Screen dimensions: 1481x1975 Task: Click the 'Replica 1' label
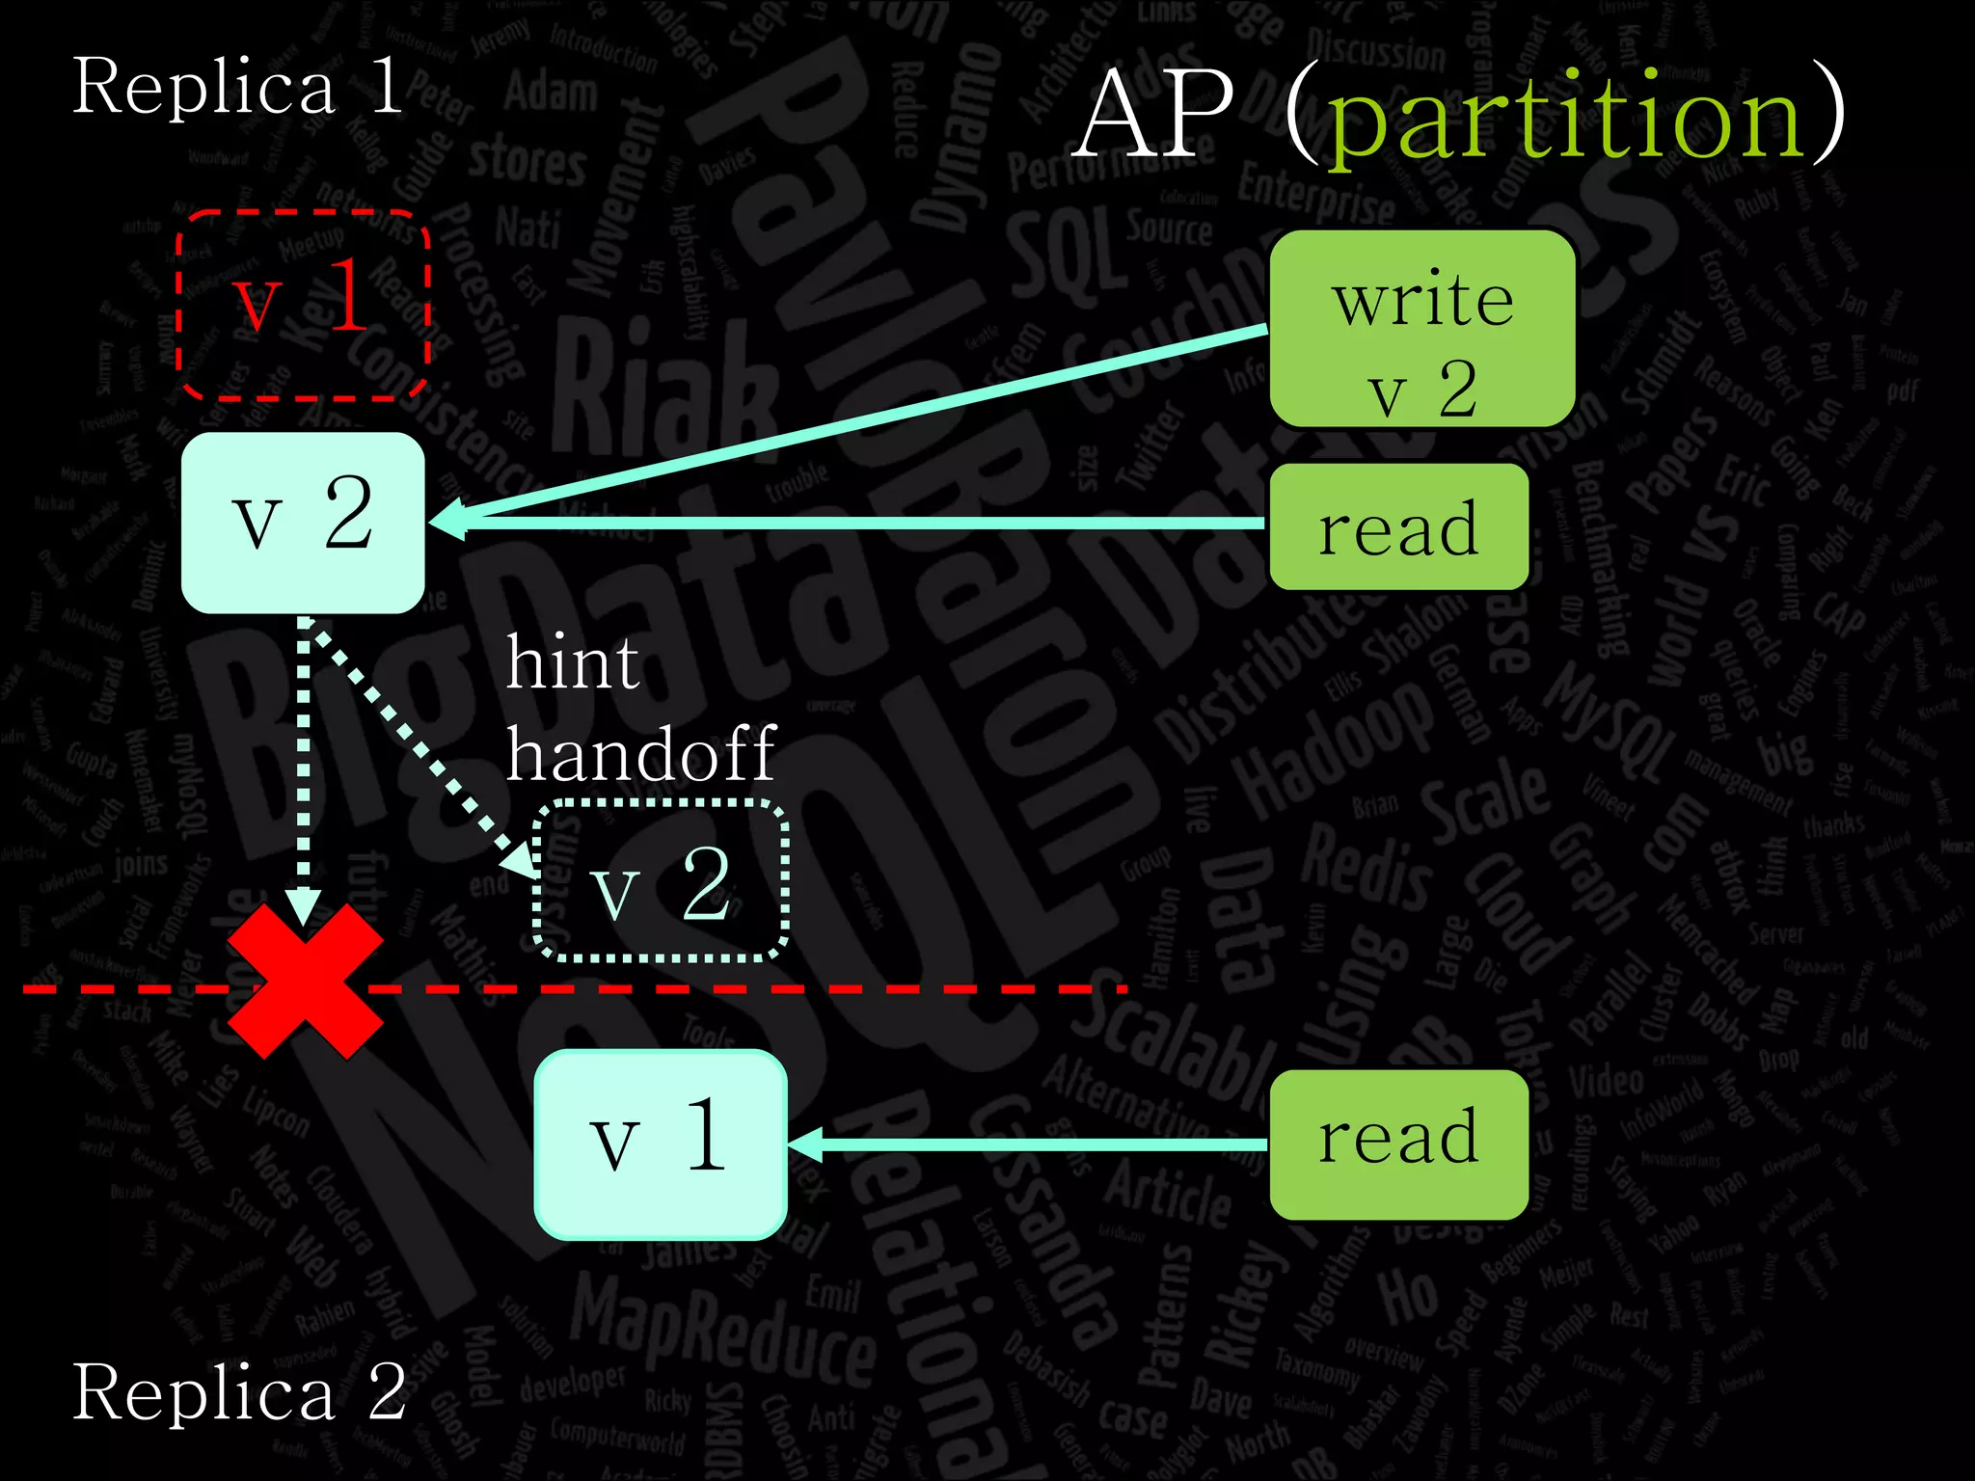coord(237,87)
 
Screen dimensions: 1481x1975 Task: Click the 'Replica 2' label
coord(239,1392)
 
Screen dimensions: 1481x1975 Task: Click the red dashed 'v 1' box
coord(303,304)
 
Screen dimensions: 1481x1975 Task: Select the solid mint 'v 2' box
coord(303,522)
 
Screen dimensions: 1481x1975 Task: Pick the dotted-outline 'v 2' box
coord(662,881)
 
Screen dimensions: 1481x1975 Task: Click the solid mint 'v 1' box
coord(662,1144)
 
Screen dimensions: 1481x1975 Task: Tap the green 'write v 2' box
coord(1422,329)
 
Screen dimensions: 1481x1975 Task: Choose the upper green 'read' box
coord(1398,527)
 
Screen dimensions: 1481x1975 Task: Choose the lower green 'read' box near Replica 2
coord(1398,1144)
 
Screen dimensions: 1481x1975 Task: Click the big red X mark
coord(305,982)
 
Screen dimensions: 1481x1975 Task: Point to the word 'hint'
coord(573,663)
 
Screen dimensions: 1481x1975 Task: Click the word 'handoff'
coord(641,754)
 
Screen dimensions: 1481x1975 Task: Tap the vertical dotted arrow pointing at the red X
coord(304,762)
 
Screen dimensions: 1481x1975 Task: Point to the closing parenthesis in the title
coord(1828,116)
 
